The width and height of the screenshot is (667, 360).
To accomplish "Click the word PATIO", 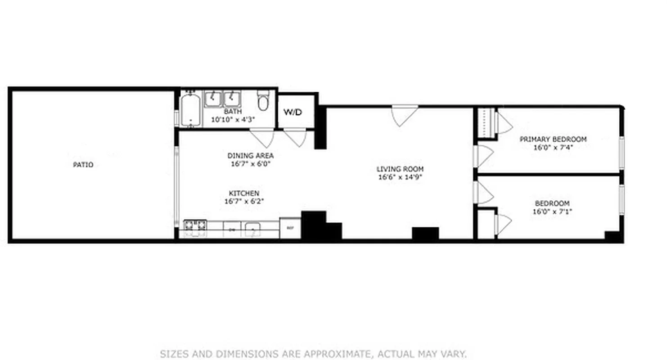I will [83, 165].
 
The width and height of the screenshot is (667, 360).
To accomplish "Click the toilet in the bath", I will [263, 101].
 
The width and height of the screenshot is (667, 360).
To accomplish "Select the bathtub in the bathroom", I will [191, 109].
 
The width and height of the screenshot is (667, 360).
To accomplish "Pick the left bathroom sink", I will [213, 99].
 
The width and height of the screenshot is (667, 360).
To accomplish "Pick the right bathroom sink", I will [233, 99].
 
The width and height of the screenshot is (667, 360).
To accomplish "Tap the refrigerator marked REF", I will [290, 228].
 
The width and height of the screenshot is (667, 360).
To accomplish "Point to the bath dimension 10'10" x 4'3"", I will [233, 120].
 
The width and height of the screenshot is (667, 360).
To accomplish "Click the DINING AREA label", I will [250, 156].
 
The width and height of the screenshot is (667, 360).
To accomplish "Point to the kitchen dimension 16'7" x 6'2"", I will [244, 201].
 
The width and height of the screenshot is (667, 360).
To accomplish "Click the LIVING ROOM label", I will [400, 169].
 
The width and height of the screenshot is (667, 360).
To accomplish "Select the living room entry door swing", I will [404, 114].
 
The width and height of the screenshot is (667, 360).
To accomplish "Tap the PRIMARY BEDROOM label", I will [553, 139].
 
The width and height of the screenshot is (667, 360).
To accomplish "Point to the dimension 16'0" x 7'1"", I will [552, 211].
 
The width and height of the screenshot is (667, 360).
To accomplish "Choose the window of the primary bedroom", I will [622, 153].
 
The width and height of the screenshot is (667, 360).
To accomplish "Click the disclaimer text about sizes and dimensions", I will [313, 354].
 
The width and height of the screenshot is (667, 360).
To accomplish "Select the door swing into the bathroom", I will [262, 137].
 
